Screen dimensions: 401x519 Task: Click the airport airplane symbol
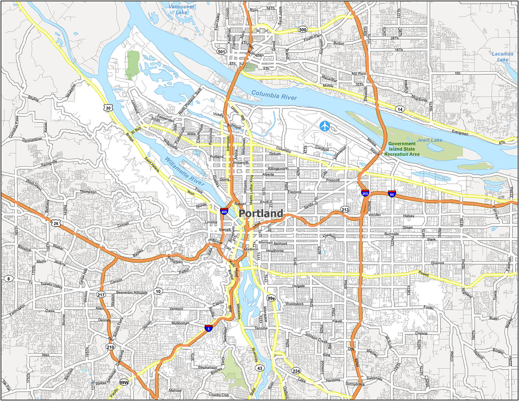[x=325, y=126]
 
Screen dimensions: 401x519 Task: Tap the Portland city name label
[x=261, y=213]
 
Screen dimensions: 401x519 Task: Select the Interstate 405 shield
[x=224, y=211]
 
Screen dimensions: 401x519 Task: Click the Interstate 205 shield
[x=365, y=193]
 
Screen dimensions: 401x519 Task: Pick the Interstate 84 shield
[x=392, y=194]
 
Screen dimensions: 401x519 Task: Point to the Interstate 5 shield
[x=208, y=328]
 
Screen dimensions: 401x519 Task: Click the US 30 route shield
[x=108, y=108]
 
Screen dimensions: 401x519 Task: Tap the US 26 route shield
[x=56, y=223]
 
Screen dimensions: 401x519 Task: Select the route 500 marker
[x=303, y=30]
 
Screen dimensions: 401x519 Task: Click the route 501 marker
[x=221, y=52]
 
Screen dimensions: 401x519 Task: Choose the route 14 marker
[x=400, y=109]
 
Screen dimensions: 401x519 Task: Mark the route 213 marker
[x=345, y=210]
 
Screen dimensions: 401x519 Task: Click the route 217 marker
[x=101, y=295]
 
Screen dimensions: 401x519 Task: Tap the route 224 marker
[x=296, y=371]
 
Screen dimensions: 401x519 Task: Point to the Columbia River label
[x=274, y=95]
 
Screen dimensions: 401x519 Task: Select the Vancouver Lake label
[x=182, y=9]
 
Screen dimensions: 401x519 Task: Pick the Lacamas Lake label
[x=502, y=57]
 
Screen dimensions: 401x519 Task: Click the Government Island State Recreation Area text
[x=402, y=149]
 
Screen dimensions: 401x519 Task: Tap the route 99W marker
[x=124, y=382]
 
